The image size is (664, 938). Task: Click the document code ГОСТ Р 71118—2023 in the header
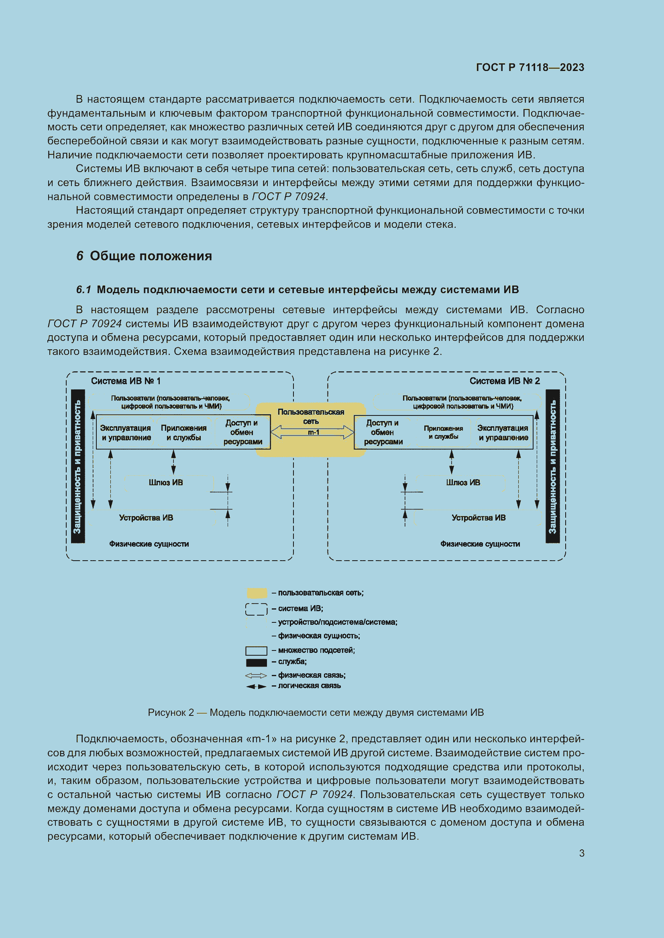coord(530,67)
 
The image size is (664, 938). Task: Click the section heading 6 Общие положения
coord(144,256)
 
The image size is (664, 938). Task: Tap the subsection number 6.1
coord(84,290)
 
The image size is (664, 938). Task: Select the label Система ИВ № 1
coord(126,381)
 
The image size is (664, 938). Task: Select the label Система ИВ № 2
coord(505,381)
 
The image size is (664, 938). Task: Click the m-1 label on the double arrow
coord(313,432)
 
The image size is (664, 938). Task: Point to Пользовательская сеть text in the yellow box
coord(311,416)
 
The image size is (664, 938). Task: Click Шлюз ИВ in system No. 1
coord(165,482)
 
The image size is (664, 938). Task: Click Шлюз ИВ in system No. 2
coord(463,482)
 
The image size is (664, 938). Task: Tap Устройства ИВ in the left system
coord(146,518)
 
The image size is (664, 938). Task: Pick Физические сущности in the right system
coord(480,544)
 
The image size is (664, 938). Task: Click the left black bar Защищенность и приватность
coord(78,466)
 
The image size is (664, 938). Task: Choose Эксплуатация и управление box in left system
coord(126,433)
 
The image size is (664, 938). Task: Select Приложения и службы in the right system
coord(443,432)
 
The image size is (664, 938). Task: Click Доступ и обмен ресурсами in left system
coord(242,432)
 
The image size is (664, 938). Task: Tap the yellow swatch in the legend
coord(257,593)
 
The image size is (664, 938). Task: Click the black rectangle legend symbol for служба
coord(257,662)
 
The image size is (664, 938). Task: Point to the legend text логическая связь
coord(309,685)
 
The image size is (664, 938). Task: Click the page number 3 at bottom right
coord(581,853)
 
